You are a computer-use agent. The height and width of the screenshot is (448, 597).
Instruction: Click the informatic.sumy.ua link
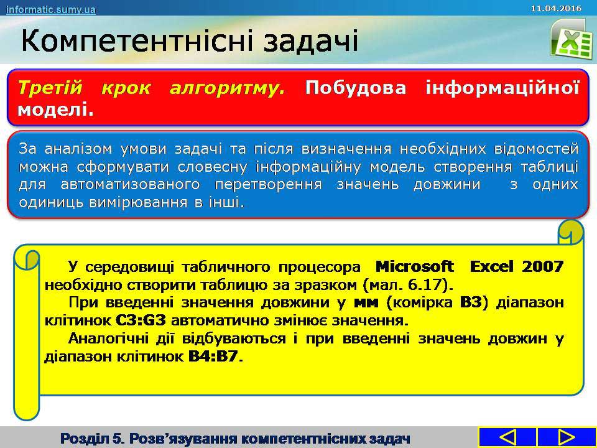click(x=50, y=9)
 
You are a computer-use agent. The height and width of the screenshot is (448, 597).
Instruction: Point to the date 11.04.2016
click(x=556, y=8)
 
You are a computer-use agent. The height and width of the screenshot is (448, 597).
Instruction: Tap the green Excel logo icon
click(x=571, y=39)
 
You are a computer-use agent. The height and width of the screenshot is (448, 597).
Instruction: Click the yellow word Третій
click(x=50, y=88)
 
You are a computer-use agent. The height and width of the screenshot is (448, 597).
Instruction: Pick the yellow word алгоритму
click(x=227, y=88)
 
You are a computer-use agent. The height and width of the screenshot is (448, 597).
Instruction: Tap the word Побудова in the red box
click(x=356, y=88)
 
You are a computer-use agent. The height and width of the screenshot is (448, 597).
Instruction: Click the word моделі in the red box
click(x=55, y=110)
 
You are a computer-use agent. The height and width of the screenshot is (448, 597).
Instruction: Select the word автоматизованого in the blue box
click(x=130, y=184)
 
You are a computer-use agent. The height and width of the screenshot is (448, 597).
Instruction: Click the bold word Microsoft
click(x=414, y=266)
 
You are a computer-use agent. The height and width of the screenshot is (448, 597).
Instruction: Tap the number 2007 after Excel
click(x=542, y=266)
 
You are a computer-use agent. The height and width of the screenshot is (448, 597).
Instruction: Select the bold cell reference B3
click(x=471, y=302)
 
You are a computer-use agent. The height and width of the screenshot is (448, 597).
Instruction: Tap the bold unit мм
click(x=366, y=303)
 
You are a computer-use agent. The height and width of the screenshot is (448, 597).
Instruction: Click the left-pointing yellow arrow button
click(x=507, y=437)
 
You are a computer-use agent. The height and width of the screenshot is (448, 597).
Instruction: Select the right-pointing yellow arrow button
click(x=566, y=437)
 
